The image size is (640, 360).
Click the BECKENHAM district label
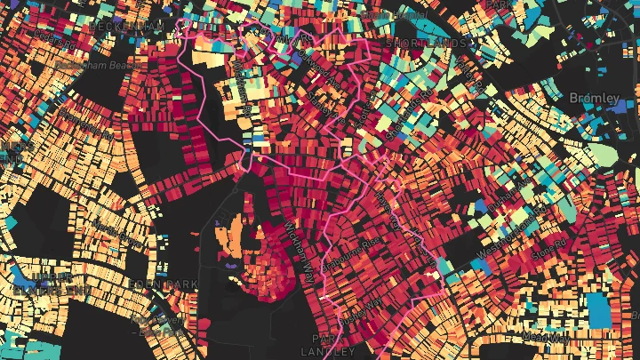click(124, 28)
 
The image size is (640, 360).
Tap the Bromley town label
click(594, 97)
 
